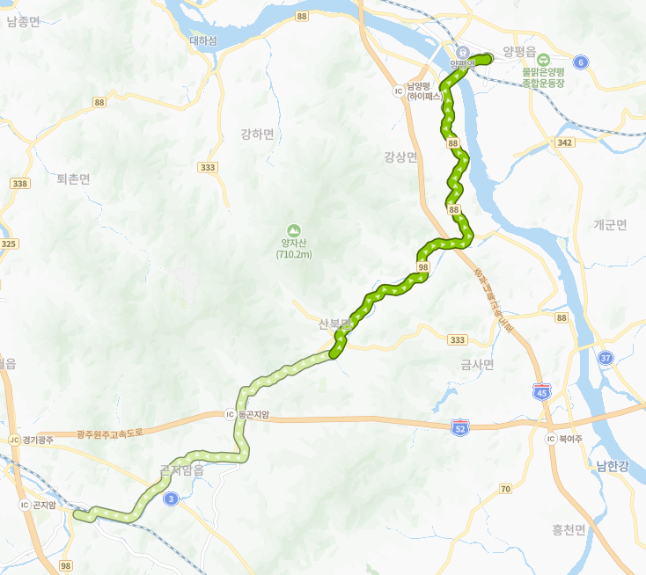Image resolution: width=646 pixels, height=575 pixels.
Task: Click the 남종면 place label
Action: [24, 21]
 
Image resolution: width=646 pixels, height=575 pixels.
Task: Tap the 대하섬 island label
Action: [202, 40]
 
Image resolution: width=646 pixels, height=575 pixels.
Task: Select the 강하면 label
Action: [258, 135]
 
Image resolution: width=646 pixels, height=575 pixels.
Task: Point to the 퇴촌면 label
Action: [74, 178]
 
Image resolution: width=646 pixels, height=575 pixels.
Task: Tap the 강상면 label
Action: [401, 156]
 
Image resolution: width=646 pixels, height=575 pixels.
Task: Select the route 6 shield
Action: [580, 62]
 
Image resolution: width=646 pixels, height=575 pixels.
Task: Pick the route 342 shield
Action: [566, 142]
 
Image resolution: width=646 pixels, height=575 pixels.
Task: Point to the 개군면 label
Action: [610, 224]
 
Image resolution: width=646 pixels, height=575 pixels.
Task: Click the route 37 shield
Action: [605, 358]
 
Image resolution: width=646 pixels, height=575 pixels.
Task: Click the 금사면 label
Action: [478, 363]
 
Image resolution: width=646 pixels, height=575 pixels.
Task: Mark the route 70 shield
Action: [504, 489]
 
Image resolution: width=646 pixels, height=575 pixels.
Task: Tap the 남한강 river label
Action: [612, 466]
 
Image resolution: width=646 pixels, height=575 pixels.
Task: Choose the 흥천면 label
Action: [569, 529]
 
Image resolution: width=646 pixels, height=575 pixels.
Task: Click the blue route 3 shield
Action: [171, 499]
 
